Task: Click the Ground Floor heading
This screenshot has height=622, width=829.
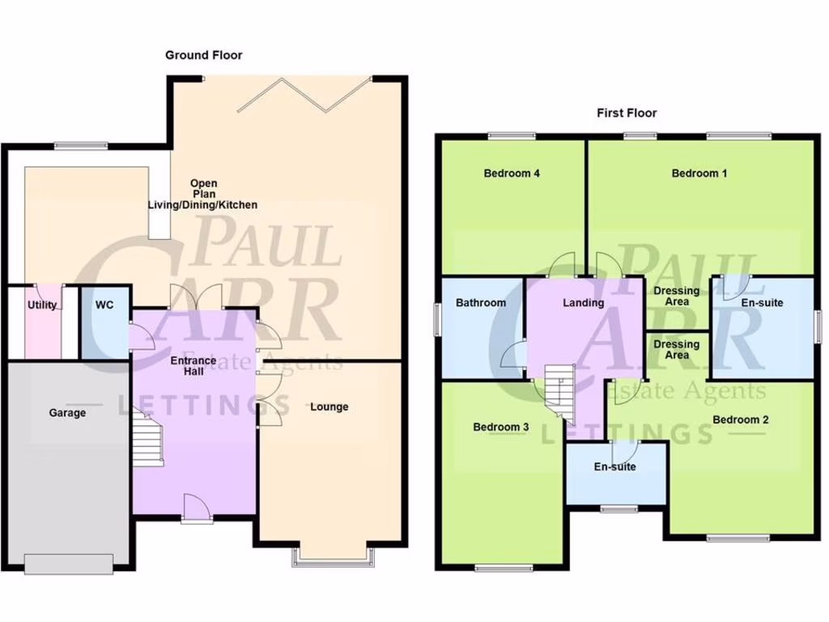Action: point(203,55)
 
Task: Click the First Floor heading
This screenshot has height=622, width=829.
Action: point(627,113)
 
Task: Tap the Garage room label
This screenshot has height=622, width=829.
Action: point(67,413)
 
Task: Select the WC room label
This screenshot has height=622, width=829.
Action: point(104,305)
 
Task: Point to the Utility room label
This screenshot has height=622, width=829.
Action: point(42,305)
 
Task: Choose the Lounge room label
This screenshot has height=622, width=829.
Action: point(329,407)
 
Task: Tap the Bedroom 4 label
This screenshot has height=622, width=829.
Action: point(512,173)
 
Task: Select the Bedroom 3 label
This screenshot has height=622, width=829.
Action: point(501,427)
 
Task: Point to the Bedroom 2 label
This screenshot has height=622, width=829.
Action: point(741,420)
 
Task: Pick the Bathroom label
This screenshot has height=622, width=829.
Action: point(481,303)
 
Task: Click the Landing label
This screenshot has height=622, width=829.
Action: point(584,303)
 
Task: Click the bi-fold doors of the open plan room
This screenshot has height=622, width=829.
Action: point(308,93)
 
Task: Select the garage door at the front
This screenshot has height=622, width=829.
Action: point(68,564)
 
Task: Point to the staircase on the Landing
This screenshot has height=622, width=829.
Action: point(559,392)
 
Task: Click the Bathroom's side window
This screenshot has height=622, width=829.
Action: point(437,318)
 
